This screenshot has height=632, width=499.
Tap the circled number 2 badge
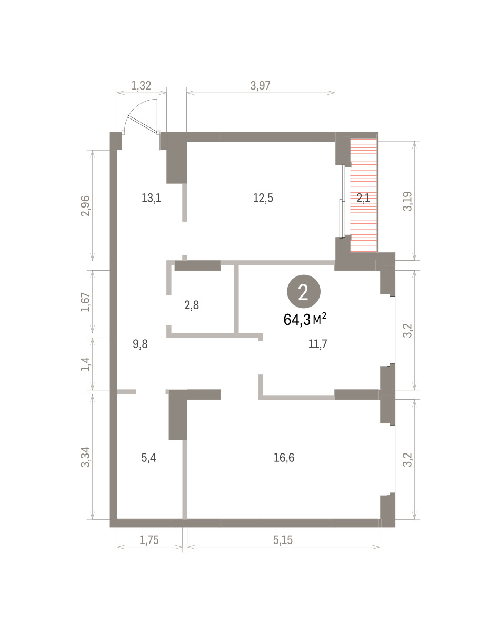click(303, 292)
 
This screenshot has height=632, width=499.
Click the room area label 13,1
click(152, 198)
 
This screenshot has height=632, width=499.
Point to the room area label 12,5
click(263, 198)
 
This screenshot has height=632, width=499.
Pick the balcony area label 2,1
click(363, 199)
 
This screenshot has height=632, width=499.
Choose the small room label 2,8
click(192, 305)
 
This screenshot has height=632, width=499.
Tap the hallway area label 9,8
click(141, 344)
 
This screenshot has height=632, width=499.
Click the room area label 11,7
click(317, 343)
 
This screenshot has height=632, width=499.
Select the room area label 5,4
click(148, 458)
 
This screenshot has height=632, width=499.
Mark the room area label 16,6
click(284, 458)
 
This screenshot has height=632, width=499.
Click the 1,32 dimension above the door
click(141, 86)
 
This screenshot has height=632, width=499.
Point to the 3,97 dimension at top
click(260, 86)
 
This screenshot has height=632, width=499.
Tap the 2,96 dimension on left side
click(85, 205)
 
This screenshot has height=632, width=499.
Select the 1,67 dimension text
click(85, 302)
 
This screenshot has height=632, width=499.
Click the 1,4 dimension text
click(85, 364)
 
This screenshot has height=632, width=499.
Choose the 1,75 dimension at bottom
click(149, 540)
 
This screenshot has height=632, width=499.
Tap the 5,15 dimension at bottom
click(283, 540)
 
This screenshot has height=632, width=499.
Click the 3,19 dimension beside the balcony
click(407, 201)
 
